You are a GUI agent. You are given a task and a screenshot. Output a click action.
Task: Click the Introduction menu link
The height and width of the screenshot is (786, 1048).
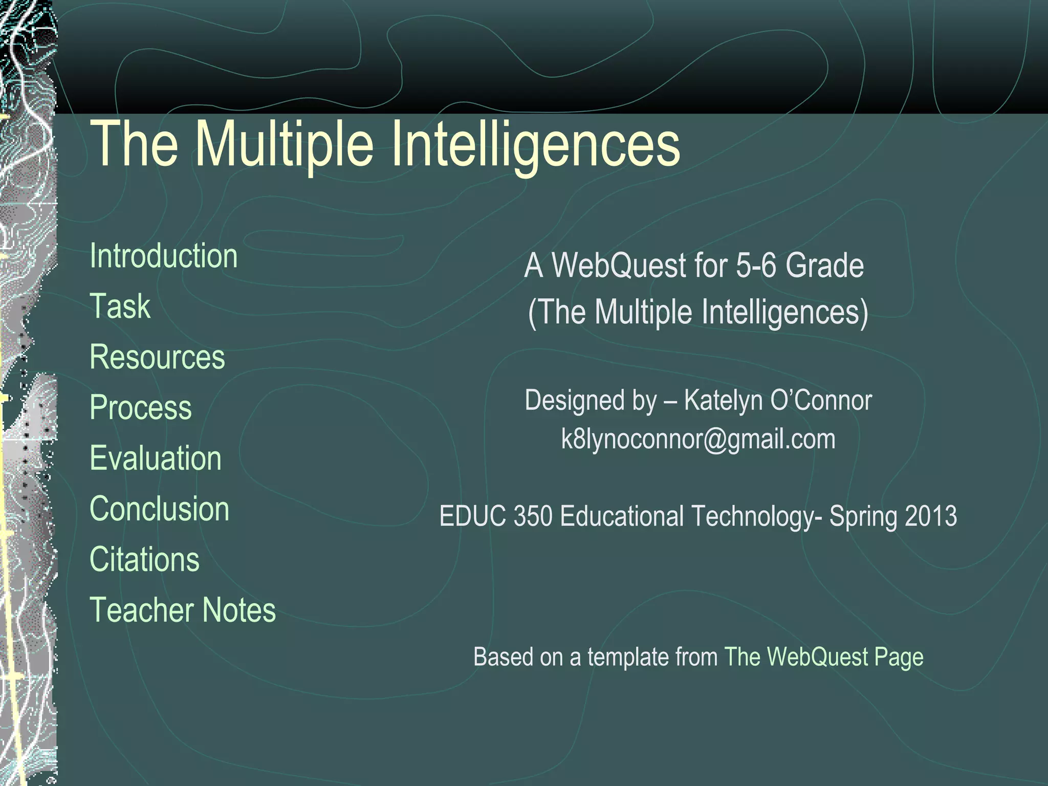[163, 256]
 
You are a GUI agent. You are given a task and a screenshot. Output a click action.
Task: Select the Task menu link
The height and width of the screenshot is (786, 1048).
[120, 307]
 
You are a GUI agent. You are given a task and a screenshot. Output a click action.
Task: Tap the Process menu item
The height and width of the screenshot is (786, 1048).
[141, 407]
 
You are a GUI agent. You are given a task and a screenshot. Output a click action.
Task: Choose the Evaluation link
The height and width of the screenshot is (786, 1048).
[156, 458]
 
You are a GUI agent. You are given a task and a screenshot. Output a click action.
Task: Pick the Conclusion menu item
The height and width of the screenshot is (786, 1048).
[159, 509]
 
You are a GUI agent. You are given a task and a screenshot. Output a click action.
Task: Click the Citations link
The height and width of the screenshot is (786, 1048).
[144, 559]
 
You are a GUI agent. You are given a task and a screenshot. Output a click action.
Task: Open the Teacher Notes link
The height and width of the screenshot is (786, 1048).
[183, 610]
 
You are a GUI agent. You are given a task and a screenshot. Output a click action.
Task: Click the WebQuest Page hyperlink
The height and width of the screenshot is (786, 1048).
[823, 657]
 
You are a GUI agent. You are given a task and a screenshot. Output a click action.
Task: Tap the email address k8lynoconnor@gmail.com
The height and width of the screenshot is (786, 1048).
[698, 440]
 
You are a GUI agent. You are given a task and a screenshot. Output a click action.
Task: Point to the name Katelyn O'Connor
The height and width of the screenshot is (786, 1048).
[777, 400]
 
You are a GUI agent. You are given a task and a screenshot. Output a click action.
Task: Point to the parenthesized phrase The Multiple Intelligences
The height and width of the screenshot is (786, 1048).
[698, 312]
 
